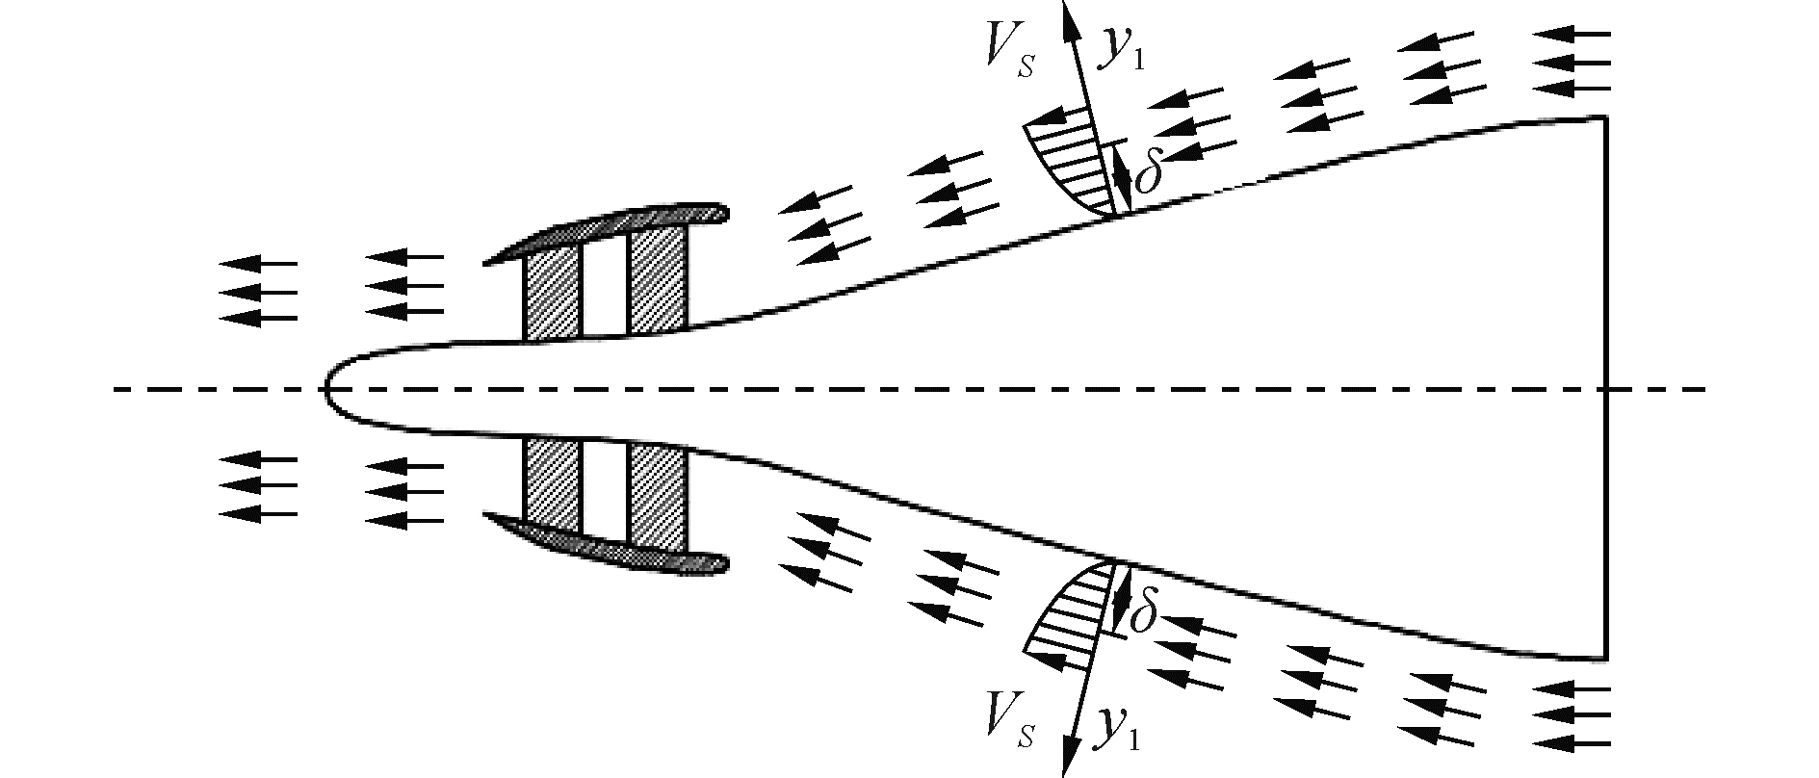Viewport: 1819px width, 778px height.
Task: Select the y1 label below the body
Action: pyautogui.click(x=1117, y=734)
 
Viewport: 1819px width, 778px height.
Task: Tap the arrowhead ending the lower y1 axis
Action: pyautogui.click(x=1067, y=766)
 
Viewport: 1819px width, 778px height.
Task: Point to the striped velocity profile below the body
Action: pyautogui.click(x=1074, y=616)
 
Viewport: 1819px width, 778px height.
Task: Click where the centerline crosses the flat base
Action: pyautogui.click(x=1605, y=390)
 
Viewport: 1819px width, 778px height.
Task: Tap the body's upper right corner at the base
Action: pyautogui.click(x=1604, y=118)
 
